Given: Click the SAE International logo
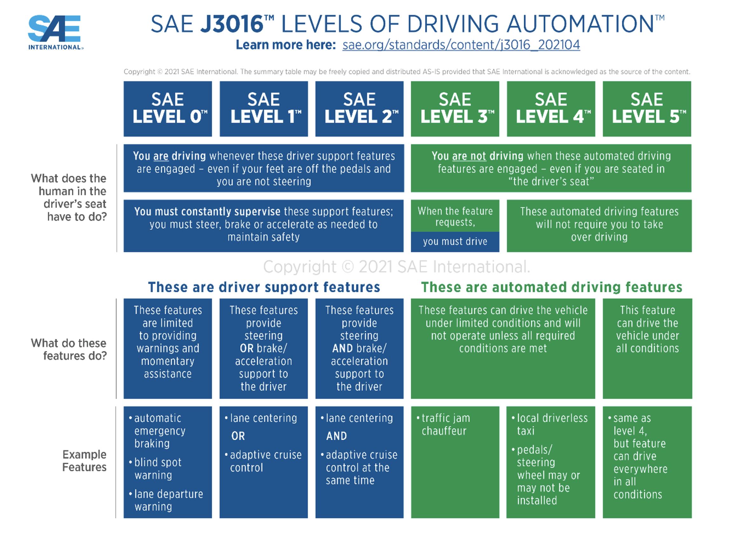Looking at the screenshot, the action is (55, 32).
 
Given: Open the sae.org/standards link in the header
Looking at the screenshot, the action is (461, 45).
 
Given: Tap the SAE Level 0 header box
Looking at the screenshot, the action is (168, 109).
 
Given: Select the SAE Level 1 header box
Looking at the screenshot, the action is (264, 109).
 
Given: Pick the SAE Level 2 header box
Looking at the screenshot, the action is (359, 109).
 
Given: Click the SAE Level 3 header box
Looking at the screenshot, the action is (455, 109).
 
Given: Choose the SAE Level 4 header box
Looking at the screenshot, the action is (551, 109).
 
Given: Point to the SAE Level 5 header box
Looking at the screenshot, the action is (647, 109).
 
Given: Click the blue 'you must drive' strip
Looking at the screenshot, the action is (455, 241).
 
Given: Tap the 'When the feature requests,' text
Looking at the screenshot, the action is (455, 216).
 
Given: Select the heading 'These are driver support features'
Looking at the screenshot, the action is (264, 287).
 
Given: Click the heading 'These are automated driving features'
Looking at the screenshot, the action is (551, 287).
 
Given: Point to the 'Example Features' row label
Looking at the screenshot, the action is (85, 461).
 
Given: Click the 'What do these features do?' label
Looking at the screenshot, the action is (69, 349).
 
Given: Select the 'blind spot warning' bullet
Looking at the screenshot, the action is (155, 469).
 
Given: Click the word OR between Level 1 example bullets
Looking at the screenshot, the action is (238, 436).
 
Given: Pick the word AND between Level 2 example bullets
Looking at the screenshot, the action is (336, 436).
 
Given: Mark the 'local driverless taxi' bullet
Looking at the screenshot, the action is (550, 424).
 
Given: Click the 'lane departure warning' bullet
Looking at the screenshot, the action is (166, 500).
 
